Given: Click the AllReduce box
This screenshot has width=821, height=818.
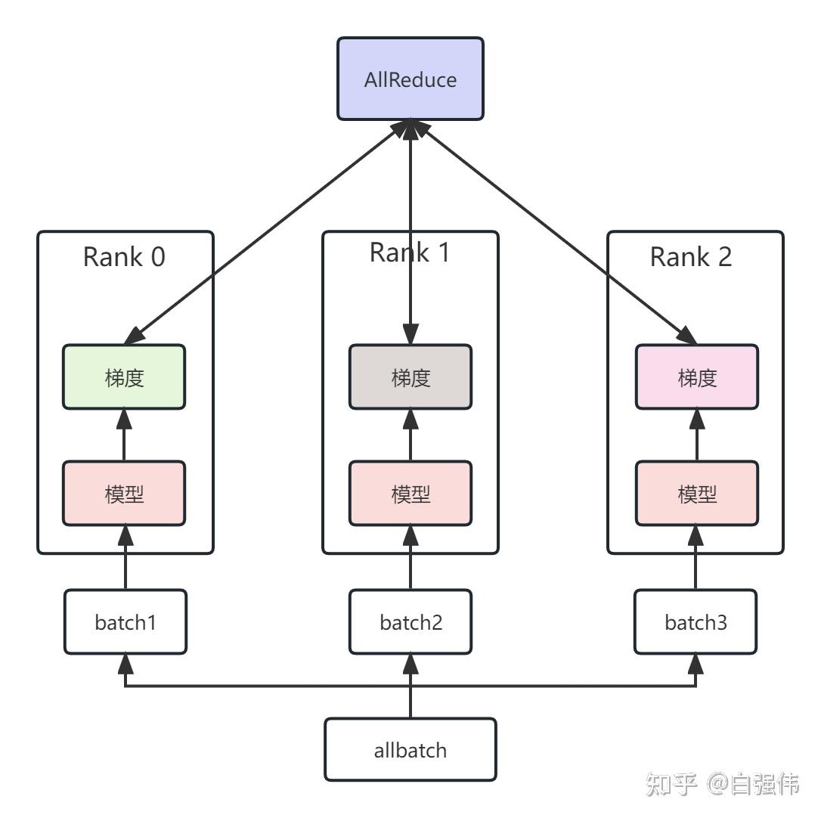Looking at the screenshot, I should coord(410,79).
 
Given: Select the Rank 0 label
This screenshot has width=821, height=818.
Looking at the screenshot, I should coord(124,257).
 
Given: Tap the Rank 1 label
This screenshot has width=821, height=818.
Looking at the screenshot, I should coord(410,253).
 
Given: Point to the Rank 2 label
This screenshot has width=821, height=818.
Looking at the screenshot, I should coord(691,257).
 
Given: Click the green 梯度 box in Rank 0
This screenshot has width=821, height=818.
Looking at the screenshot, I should coord(124,377).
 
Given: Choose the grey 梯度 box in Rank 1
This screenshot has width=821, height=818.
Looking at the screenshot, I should coord(410,377).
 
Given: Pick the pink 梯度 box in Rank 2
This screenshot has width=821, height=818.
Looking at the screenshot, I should coord(696,377).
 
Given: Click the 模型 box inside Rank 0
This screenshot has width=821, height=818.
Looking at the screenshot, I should coord(124,494).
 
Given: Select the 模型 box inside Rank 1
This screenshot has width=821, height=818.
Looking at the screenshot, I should coord(410,494).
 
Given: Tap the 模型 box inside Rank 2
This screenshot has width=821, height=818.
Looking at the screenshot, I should coord(696,494).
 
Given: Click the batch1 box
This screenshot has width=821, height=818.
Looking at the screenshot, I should coord(125,622).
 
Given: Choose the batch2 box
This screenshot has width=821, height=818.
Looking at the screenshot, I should coord(410,622).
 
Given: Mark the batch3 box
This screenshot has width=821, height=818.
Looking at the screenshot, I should coord(696,622).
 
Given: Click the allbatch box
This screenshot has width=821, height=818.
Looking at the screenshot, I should coord(410,750).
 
